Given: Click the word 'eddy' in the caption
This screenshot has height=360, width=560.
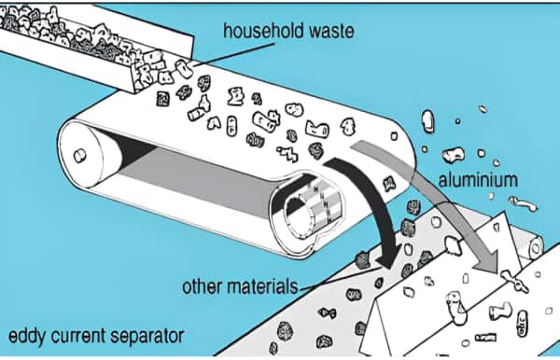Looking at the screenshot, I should click(28, 334).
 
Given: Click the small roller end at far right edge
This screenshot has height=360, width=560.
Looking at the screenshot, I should click(536, 245).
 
